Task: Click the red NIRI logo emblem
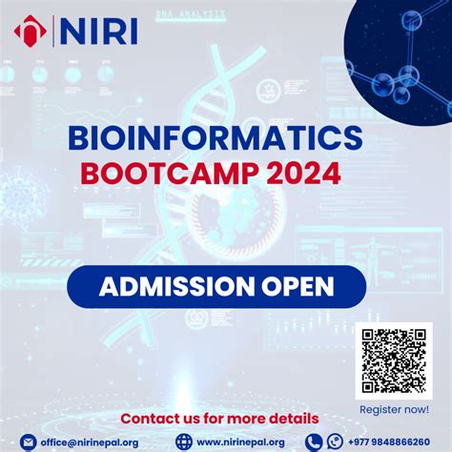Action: click(x=30, y=32)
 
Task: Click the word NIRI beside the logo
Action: click(x=99, y=32)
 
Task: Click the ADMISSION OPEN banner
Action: click(x=216, y=286)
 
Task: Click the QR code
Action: click(x=393, y=361)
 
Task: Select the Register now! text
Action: click(x=392, y=409)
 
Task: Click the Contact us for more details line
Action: click(x=219, y=419)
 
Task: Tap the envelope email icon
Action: click(x=28, y=442)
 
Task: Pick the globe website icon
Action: click(x=184, y=442)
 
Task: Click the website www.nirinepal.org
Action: click(x=240, y=442)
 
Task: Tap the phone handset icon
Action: click(x=314, y=442)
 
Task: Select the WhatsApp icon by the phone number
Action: click(x=335, y=442)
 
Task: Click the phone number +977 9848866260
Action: click(x=395, y=442)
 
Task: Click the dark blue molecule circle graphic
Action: click(x=401, y=57)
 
